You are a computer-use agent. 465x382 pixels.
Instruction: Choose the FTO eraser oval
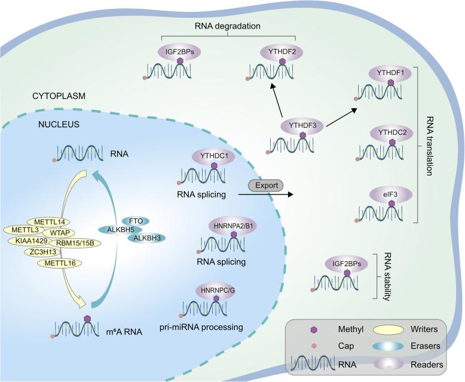[x=136, y=220]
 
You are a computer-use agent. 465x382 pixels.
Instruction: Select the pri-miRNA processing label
[x=209, y=327]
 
